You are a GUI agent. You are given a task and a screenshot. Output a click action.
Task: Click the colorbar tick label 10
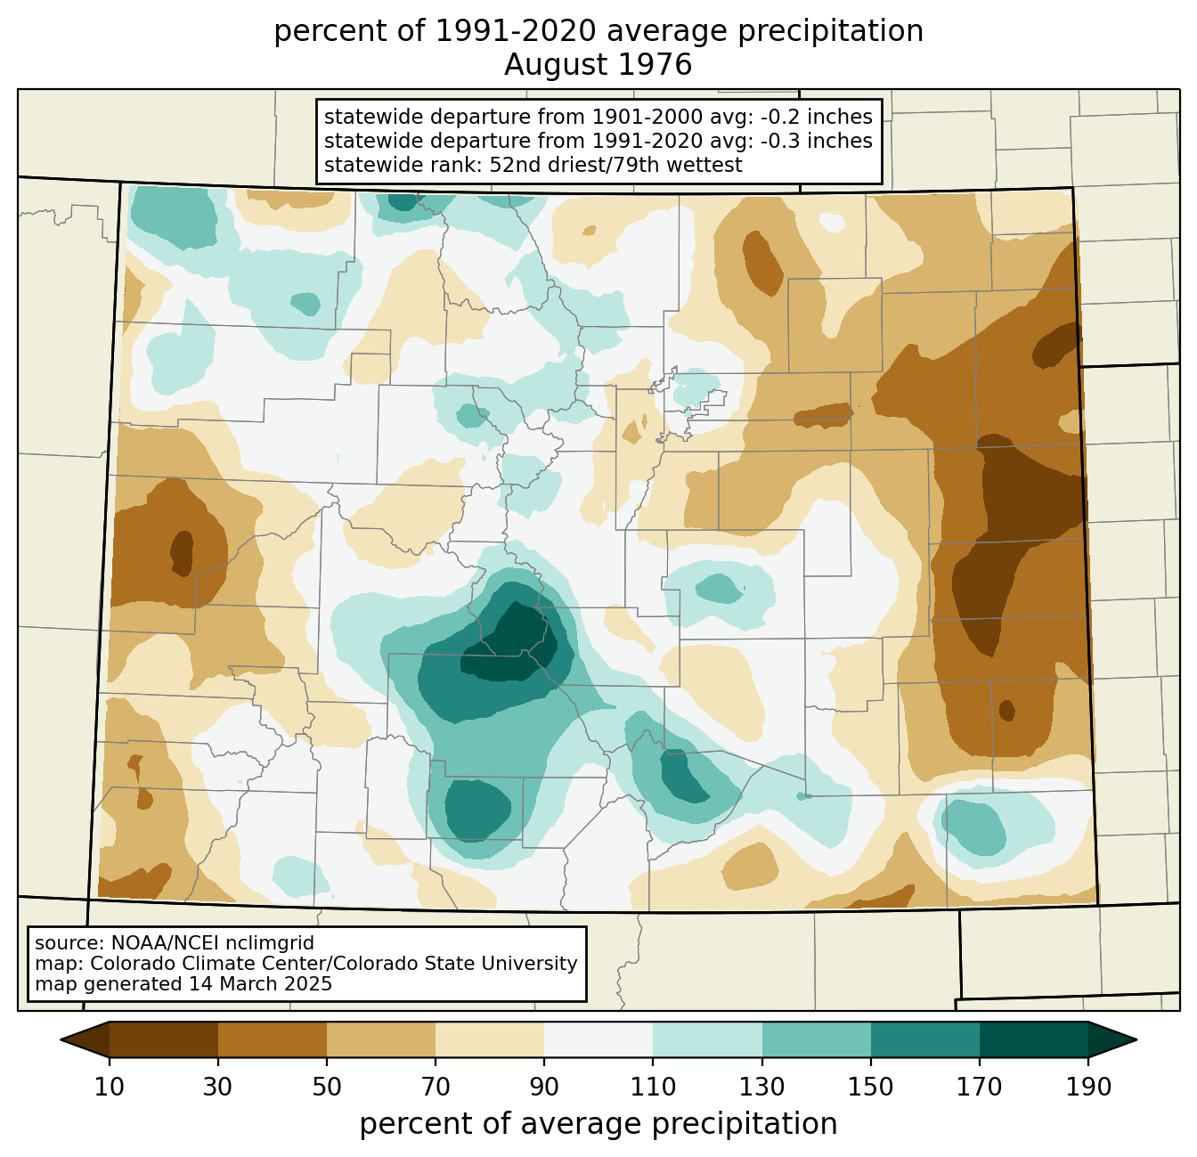click(x=109, y=1088)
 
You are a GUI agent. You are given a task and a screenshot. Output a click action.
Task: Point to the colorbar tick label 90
click(x=544, y=1088)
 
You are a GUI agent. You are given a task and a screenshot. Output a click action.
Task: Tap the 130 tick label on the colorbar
click(x=761, y=1088)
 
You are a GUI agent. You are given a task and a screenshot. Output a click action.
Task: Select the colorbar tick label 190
click(x=1088, y=1088)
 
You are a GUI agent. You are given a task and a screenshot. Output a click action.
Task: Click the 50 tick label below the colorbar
click(x=327, y=1088)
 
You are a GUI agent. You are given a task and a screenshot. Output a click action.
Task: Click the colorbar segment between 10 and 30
click(x=164, y=1040)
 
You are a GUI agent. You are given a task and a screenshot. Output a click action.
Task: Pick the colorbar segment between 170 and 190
click(x=1033, y=1040)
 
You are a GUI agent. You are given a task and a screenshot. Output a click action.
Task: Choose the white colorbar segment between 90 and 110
click(x=598, y=1040)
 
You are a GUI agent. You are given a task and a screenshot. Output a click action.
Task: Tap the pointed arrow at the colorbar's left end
click(x=85, y=1040)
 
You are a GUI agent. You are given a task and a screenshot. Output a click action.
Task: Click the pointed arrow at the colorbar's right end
click(x=1112, y=1040)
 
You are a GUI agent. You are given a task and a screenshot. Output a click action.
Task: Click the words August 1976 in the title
click(x=598, y=65)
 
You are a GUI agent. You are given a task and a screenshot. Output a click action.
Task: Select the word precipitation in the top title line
click(x=830, y=32)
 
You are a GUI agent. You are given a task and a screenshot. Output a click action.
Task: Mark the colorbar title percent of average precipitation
click(x=598, y=1124)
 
